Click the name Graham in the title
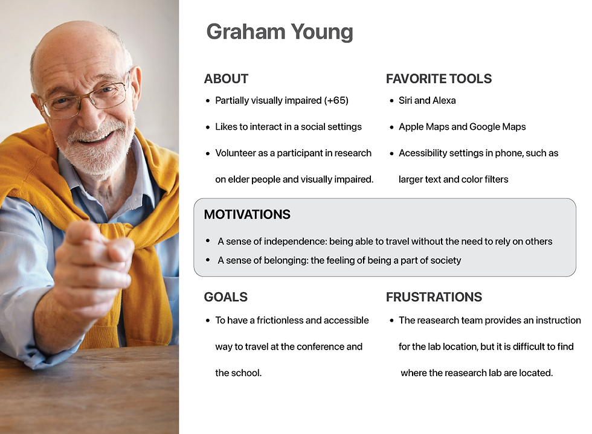click(x=245, y=32)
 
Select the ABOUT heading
click(x=226, y=79)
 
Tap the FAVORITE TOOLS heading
click(x=439, y=79)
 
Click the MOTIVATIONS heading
click(x=247, y=214)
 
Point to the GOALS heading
click(x=226, y=297)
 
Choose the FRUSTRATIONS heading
click(x=434, y=297)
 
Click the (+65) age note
click(x=336, y=100)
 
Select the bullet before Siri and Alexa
click(x=391, y=101)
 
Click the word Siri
click(x=405, y=100)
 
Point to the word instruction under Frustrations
click(x=558, y=321)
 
